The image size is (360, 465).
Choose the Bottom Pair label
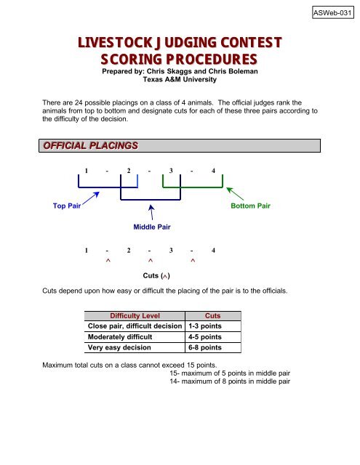250,206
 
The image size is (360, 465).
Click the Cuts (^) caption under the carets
157,276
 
